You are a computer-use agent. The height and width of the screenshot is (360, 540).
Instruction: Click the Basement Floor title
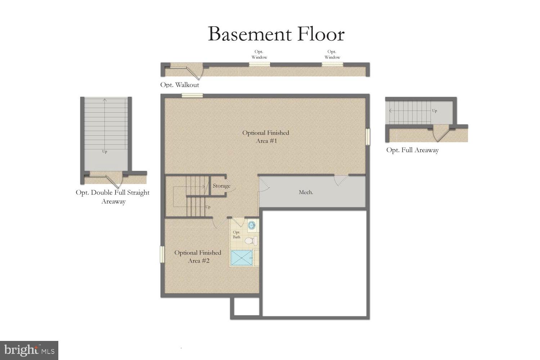tap(276, 34)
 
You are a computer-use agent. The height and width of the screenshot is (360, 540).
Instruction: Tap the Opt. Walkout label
tap(179, 85)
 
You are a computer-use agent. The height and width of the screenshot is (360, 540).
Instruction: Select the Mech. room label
tap(306, 192)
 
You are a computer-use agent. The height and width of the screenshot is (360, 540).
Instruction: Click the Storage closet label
tap(221, 186)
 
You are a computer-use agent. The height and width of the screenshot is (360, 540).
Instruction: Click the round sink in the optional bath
tap(252, 226)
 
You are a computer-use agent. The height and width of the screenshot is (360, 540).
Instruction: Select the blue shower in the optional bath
tap(241, 258)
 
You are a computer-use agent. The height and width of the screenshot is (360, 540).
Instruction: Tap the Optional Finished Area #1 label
tap(266, 137)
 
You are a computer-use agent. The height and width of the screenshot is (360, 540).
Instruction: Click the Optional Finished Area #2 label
tap(198, 256)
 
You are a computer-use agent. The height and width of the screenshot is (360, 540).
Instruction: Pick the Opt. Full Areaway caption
tap(412, 150)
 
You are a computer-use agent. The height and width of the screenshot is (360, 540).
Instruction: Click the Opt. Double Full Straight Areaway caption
tap(113, 197)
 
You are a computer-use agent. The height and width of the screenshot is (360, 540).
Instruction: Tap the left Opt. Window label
tap(259, 54)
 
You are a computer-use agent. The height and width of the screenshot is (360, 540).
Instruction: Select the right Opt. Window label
tap(332, 54)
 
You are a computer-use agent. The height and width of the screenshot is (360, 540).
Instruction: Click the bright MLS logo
tap(29, 350)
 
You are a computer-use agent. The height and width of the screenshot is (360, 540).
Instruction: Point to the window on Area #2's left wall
tap(162, 254)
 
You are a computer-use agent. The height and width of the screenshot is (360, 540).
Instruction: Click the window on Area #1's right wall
tap(368, 137)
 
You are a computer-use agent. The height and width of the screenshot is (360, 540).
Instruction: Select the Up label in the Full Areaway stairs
tap(435, 111)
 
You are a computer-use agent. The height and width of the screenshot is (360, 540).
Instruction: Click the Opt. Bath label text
tap(237, 234)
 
